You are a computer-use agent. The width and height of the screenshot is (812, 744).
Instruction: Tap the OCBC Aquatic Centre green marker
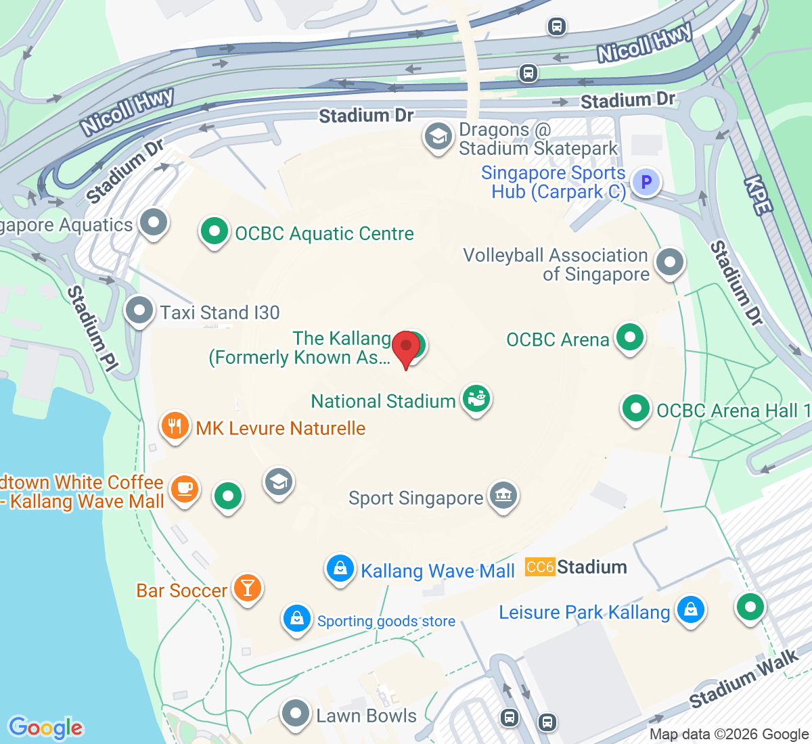coord(215,232)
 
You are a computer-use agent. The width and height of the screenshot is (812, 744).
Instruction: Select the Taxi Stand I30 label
coord(220,312)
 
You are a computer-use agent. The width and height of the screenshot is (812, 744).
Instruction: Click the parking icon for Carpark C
coord(646,182)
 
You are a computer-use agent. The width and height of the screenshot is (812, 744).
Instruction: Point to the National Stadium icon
coord(476,400)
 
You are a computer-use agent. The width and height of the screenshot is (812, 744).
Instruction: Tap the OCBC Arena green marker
coord(630,337)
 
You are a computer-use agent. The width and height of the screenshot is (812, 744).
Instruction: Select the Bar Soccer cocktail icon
coord(248,588)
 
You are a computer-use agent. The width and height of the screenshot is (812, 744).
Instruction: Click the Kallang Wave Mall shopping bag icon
coord(340,569)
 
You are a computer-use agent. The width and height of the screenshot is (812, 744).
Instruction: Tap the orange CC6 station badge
coord(540,567)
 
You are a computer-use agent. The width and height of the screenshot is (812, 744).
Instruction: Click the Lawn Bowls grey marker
coord(296,714)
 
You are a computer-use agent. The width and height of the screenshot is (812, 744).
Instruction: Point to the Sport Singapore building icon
coord(503,496)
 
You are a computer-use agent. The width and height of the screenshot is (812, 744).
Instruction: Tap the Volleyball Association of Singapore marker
coord(670,262)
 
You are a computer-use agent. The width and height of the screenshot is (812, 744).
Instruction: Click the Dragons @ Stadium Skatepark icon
coord(438,137)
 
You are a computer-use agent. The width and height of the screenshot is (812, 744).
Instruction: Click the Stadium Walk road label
coord(744,679)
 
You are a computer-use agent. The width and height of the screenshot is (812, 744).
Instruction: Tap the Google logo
coord(45,728)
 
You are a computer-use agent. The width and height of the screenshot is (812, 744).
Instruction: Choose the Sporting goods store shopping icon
coord(296,618)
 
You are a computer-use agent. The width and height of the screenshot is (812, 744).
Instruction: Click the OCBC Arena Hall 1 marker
coord(635,409)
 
